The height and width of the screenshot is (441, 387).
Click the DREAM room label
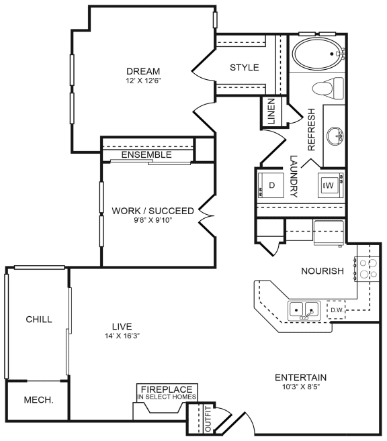[x=143, y=71]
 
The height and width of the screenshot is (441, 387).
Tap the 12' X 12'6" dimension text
[x=143, y=81]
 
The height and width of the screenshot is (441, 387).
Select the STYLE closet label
[x=244, y=68]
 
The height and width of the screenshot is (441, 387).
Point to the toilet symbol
[x=329, y=88]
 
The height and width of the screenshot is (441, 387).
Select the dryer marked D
[x=272, y=185]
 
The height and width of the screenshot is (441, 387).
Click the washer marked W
[x=329, y=184]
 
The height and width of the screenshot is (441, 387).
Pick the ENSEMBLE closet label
[x=146, y=155]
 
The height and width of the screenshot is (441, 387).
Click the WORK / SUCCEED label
[x=153, y=211]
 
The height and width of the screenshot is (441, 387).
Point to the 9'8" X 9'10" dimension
[x=153, y=220]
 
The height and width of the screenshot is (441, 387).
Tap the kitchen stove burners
[x=368, y=268]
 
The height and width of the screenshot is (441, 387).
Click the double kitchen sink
[x=304, y=310]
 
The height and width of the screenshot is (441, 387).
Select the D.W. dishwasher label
[x=337, y=309]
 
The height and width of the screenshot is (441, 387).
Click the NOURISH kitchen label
[x=322, y=271]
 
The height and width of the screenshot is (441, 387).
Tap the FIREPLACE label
[x=167, y=389]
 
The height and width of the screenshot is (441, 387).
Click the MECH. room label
[x=38, y=400]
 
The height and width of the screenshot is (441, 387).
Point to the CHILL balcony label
[x=38, y=320]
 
